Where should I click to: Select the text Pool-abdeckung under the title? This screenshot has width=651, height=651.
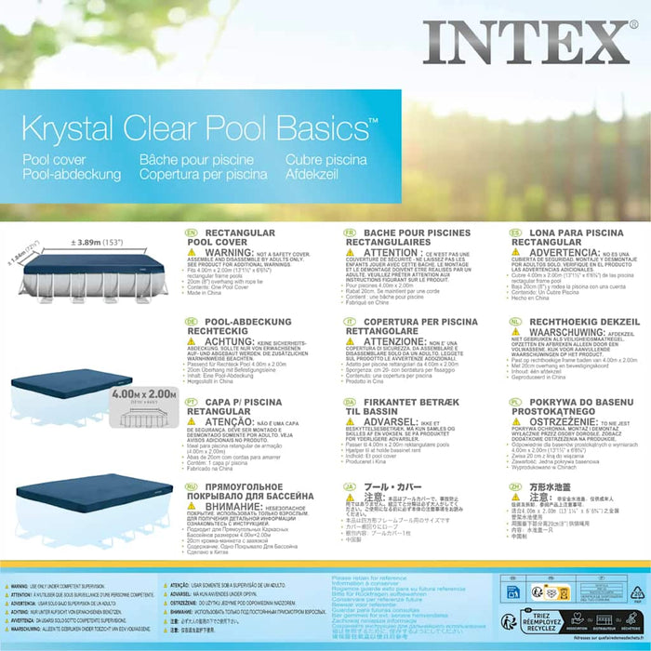(x=72, y=174)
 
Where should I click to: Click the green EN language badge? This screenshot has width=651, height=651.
(x=192, y=232)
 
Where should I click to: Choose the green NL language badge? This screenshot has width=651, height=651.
(x=515, y=322)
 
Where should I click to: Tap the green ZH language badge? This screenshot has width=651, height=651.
(x=515, y=485)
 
